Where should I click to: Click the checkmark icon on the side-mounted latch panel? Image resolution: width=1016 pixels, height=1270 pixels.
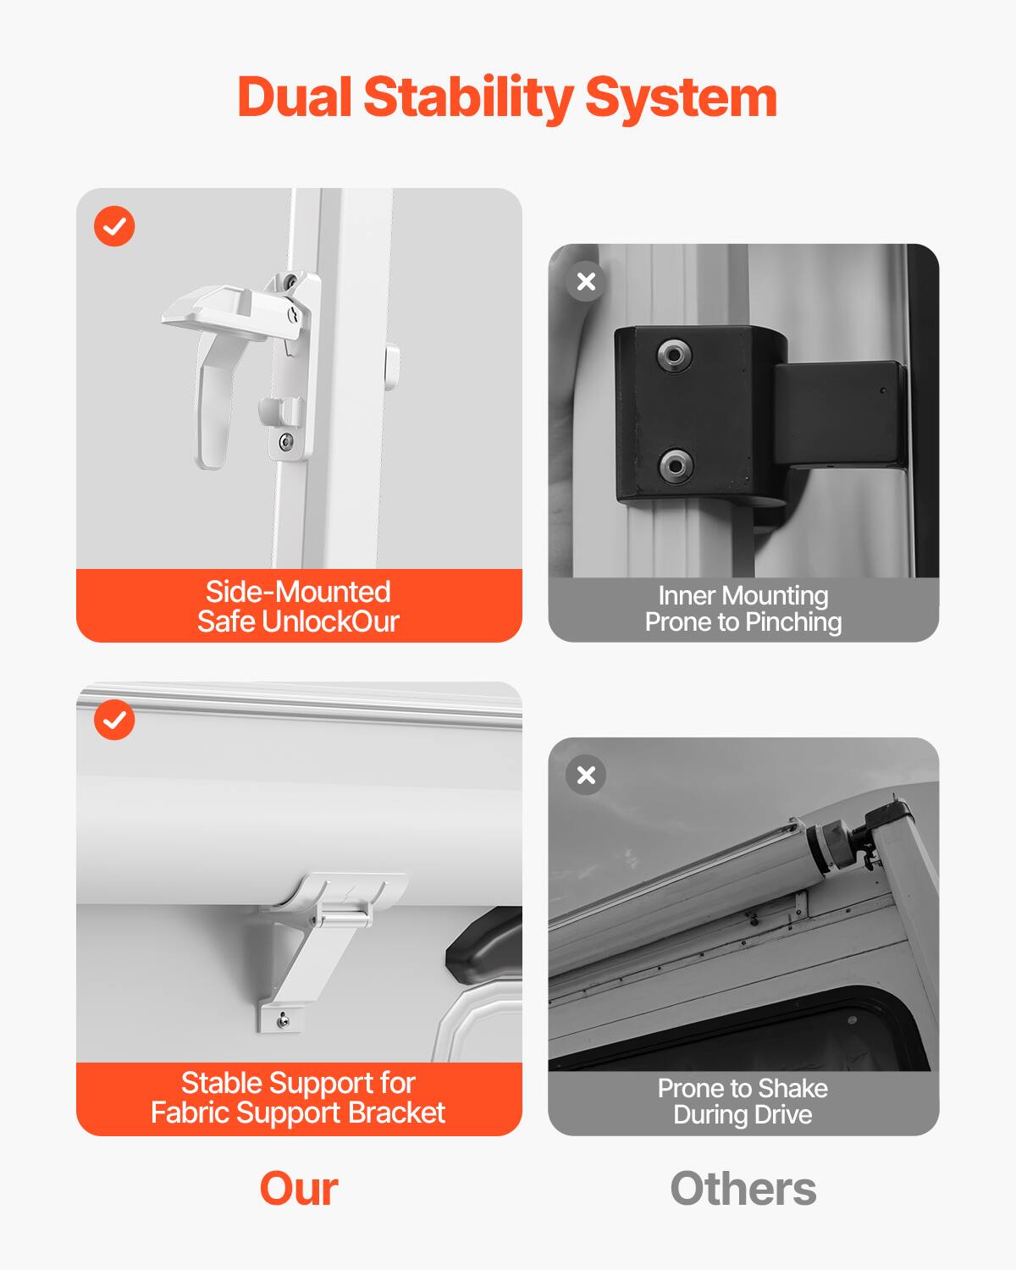click(x=114, y=226)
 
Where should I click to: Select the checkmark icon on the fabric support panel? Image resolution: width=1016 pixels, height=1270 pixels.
click(x=114, y=720)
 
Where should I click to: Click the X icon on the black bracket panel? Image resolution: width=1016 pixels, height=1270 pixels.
click(x=586, y=281)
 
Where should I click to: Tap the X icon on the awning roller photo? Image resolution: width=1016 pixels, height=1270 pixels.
click(x=586, y=775)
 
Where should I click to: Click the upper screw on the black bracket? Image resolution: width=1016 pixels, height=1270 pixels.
click(x=674, y=355)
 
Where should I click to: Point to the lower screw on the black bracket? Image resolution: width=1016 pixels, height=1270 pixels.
click(x=675, y=464)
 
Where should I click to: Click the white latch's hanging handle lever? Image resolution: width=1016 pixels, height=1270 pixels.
click(x=213, y=406)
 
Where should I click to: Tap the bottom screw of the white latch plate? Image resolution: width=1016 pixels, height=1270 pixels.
click(x=286, y=440)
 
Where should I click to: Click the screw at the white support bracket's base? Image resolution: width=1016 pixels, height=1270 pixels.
click(x=283, y=1021)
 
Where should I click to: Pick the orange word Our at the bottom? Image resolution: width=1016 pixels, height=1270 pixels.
click(x=299, y=1188)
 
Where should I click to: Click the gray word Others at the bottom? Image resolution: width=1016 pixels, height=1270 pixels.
click(x=743, y=1188)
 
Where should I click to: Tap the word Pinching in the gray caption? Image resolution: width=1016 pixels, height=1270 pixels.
click(x=792, y=622)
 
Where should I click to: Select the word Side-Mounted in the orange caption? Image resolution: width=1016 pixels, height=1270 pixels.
click(x=298, y=591)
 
